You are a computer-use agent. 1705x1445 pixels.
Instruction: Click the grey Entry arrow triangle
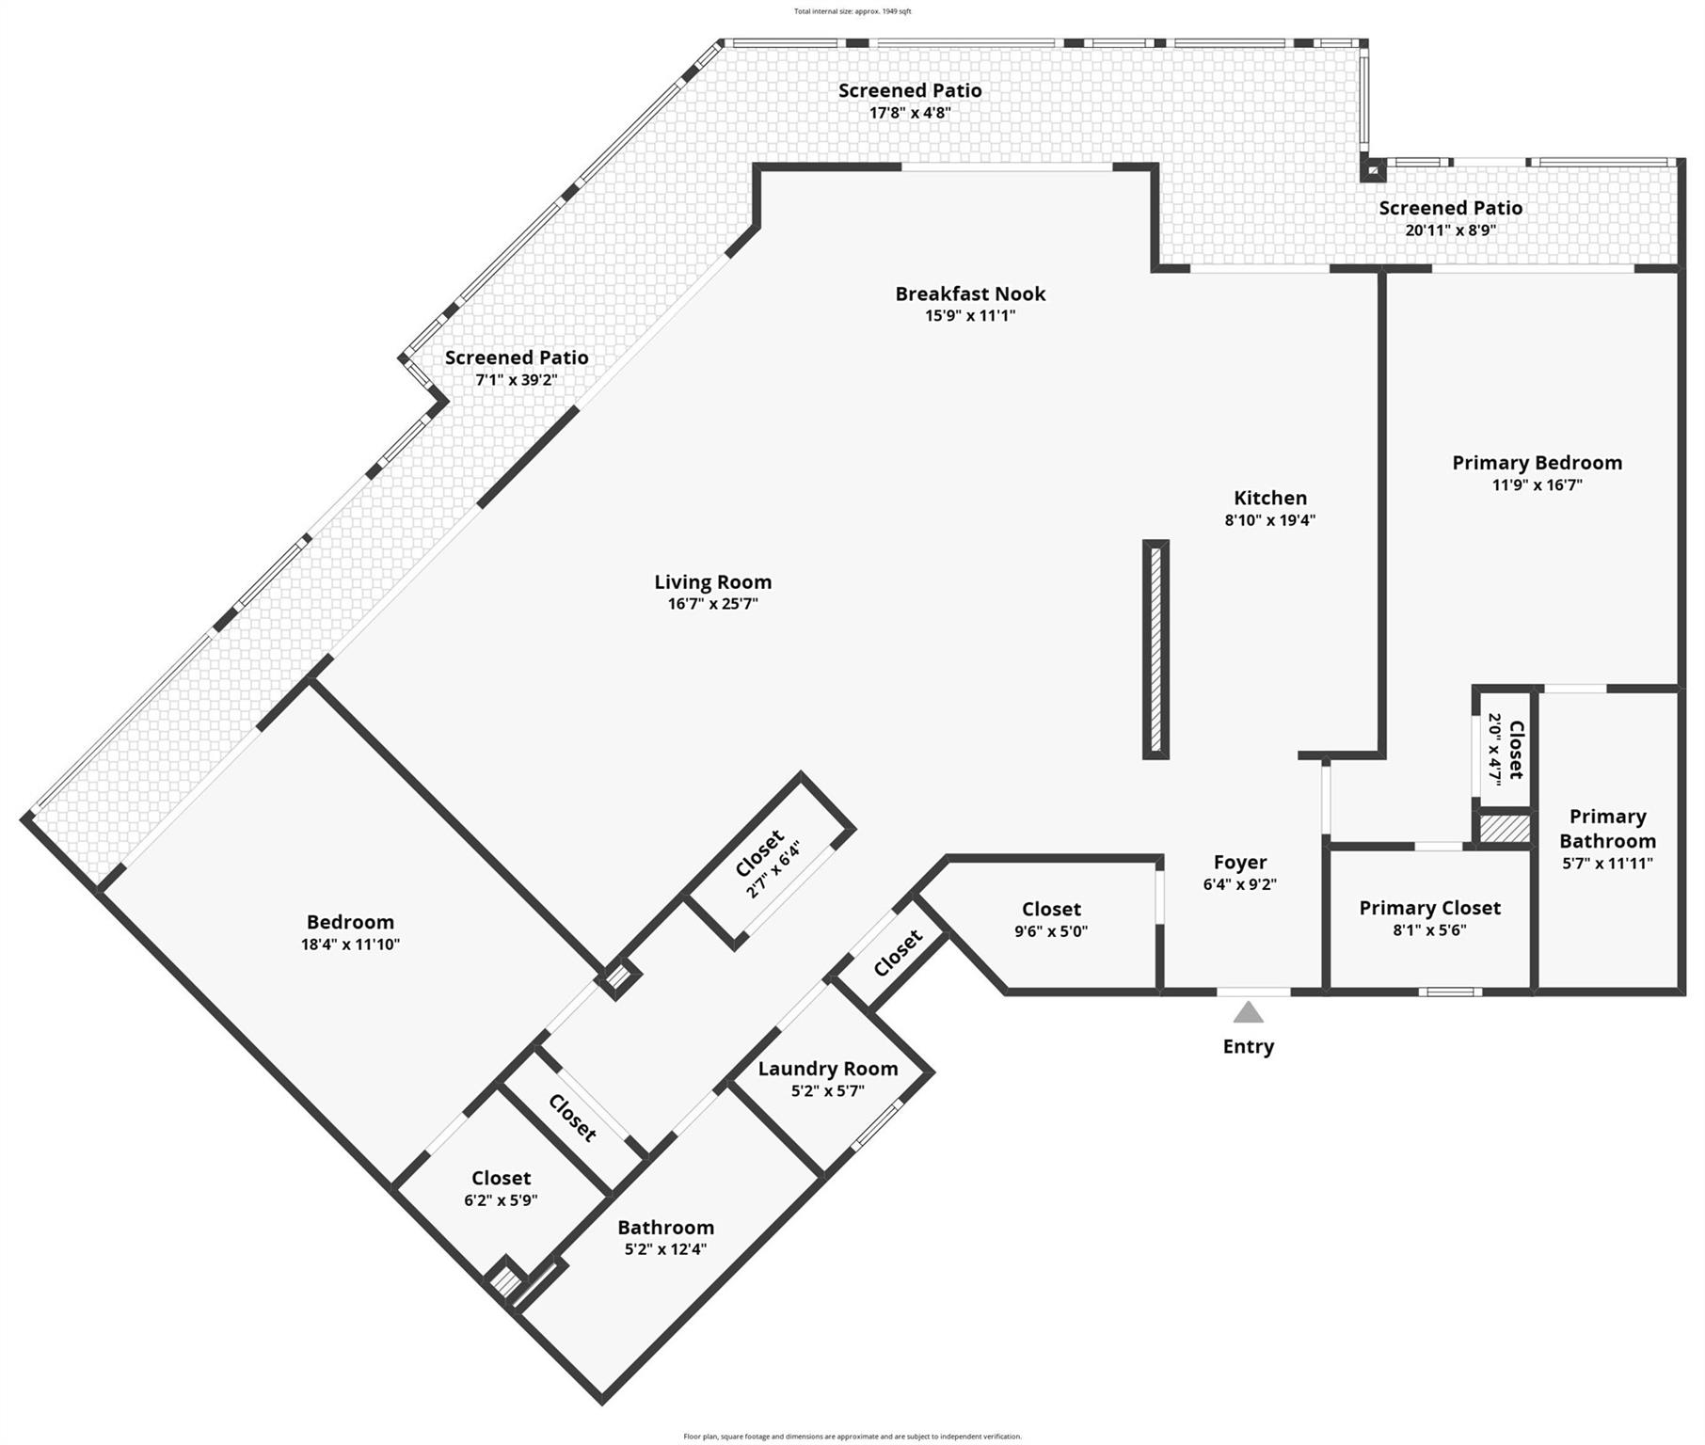point(1248,1012)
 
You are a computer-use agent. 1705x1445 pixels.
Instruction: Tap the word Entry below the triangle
point(1248,1046)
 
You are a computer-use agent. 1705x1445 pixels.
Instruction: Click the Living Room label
point(712,582)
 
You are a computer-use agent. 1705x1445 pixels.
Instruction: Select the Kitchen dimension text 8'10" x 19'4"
point(1269,520)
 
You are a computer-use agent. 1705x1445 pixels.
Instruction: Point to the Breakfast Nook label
point(970,294)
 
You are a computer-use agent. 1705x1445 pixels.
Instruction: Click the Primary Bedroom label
point(1537,463)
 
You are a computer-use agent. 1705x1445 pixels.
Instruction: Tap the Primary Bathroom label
point(1607,829)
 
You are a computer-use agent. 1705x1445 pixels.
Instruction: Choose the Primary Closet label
point(1429,908)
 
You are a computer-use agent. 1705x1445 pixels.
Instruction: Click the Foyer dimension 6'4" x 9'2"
point(1239,884)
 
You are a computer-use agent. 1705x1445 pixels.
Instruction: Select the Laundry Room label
point(827,1069)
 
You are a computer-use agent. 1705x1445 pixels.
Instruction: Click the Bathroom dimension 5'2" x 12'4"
point(665,1249)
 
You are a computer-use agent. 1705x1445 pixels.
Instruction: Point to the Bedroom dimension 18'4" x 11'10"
point(350,945)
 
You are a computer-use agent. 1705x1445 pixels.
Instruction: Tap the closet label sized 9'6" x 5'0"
point(1051,909)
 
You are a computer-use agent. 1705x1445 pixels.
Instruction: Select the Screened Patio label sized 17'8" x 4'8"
point(910,90)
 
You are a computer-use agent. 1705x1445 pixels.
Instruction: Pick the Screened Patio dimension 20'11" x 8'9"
point(1450,230)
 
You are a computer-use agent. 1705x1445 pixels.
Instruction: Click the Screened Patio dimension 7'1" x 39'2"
point(517,380)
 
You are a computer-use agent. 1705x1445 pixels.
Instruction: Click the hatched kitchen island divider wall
point(1155,649)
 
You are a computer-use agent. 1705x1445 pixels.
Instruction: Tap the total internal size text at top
point(852,11)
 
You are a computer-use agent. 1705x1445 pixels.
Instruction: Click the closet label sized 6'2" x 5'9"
point(501,1178)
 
